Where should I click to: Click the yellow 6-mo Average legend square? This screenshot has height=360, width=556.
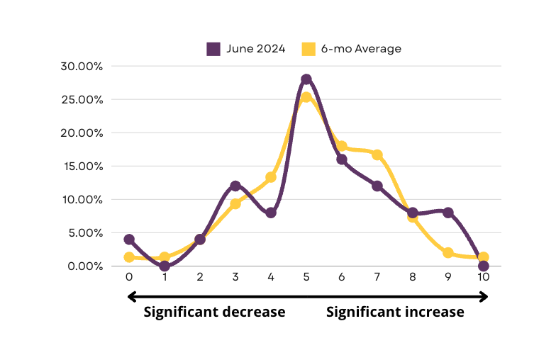[x=308, y=49]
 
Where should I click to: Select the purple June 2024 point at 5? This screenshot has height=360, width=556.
[x=306, y=79]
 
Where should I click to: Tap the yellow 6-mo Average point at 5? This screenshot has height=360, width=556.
[x=306, y=98]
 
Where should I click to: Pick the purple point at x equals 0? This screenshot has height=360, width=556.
[x=129, y=240]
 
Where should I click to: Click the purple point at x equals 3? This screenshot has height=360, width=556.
[x=235, y=186]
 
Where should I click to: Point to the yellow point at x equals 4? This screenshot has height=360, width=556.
[x=271, y=177]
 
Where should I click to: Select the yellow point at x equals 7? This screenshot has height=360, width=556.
[x=377, y=154]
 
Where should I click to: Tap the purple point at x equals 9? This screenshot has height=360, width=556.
[x=448, y=213]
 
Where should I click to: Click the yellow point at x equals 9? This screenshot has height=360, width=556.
[x=448, y=253]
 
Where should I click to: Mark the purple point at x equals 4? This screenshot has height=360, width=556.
[x=271, y=213]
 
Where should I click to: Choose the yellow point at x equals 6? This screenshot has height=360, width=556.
[x=342, y=146]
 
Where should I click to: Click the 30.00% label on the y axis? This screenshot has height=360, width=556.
[x=84, y=67]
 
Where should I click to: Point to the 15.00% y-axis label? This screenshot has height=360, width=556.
[x=84, y=167]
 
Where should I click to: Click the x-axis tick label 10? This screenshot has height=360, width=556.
[x=484, y=277]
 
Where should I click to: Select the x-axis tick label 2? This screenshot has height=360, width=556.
[x=200, y=277]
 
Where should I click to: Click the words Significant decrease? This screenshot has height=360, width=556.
[x=214, y=313]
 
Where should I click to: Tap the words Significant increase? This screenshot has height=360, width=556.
[x=395, y=313]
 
